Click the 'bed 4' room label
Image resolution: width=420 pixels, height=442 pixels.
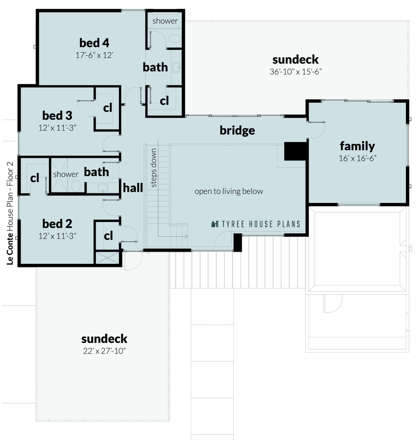click(x=94, y=43)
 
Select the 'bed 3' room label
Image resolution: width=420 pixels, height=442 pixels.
click(x=57, y=116)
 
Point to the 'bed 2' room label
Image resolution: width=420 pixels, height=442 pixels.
click(x=57, y=224)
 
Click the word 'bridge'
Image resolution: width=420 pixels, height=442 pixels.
click(x=237, y=130)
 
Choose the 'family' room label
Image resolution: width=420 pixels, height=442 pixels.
click(x=358, y=146)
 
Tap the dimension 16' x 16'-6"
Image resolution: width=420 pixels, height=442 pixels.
click(x=358, y=158)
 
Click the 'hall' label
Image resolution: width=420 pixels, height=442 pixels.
click(x=133, y=188)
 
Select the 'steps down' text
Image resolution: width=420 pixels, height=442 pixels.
click(x=154, y=168)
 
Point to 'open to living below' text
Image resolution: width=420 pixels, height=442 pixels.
click(x=229, y=191)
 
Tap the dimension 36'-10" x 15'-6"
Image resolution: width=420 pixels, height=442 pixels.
click(x=296, y=71)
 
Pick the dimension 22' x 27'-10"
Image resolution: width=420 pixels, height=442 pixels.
click(x=104, y=351)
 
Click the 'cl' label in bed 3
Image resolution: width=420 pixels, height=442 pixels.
click(x=108, y=108)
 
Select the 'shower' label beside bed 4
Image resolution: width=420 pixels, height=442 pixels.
click(x=165, y=21)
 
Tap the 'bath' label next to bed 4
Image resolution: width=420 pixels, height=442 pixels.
click(x=155, y=67)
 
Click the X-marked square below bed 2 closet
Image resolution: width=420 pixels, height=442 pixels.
click(x=107, y=257)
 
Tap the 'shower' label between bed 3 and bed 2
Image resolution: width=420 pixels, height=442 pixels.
click(x=66, y=174)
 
